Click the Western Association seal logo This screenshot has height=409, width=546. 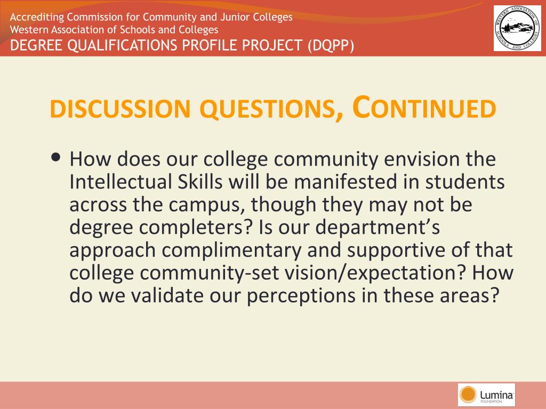pos(517,28)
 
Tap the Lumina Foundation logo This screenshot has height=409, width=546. pos(486,395)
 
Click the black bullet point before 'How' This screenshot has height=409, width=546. pos(55,157)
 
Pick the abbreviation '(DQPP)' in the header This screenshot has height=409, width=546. pos(331,46)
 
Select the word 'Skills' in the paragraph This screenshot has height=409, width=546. pos(200,182)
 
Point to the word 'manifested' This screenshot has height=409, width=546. pos(346,182)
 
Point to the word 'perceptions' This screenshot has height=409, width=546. pos(301,296)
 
